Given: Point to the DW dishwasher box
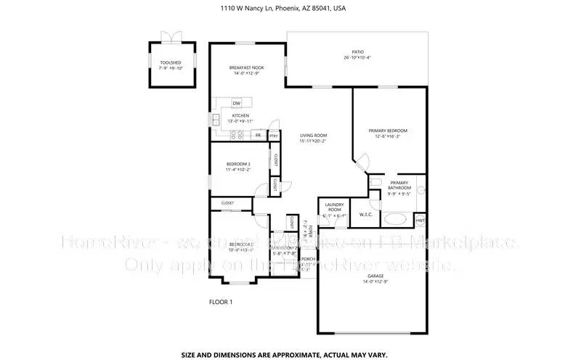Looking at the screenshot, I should (x=236, y=103).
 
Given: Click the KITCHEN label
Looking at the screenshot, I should (x=240, y=116).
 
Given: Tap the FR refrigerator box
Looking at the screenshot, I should (x=258, y=135).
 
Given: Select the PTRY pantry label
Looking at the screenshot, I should (x=274, y=136).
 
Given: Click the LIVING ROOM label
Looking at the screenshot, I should (x=314, y=136).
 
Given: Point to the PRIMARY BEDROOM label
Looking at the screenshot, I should (x=391, y=131).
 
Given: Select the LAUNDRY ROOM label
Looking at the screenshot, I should (x=334, y=207).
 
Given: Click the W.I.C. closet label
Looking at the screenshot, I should (x=366, y=213).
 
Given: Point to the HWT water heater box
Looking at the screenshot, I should (x=420, y=219).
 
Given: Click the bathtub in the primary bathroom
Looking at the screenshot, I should (x=397, y=218).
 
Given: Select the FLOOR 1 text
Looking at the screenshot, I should (x=220, y=301).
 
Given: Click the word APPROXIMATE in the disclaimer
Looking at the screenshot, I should (x=285, y=355).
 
